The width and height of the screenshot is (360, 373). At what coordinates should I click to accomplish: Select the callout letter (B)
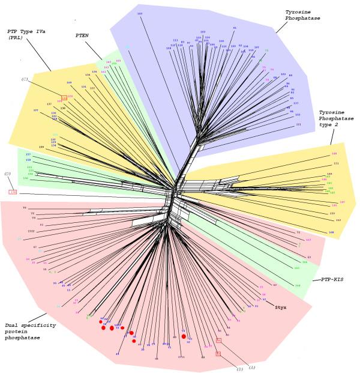tap(241, 368)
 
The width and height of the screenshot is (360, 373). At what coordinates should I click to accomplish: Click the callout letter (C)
tap(25, 79)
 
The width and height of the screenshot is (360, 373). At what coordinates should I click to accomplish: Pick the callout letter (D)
tap(8, 174)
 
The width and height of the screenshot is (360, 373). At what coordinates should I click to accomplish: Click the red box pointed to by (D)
tap(13, 192)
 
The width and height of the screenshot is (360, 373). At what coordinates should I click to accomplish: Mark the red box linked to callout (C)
tap(64, 96)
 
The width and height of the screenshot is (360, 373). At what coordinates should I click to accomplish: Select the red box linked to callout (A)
tap(218, 340)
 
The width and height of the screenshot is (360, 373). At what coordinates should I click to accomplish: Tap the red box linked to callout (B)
tap(218, 354)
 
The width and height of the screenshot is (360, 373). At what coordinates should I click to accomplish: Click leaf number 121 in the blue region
tap(298, 125)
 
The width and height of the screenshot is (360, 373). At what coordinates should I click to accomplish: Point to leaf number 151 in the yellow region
tap(336, 163)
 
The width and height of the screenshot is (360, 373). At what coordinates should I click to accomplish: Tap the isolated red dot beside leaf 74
tap(184, 336)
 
